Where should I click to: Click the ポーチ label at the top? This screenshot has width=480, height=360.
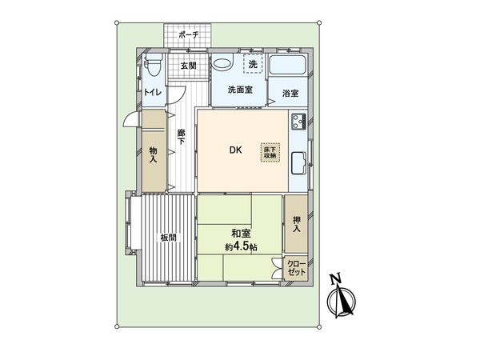[189, 35]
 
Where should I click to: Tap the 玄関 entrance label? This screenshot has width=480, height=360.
[188, 65]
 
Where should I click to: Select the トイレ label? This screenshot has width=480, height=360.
[153, 93]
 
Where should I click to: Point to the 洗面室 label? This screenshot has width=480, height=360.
[239, 90]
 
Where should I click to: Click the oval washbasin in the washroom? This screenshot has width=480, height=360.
[224, 64]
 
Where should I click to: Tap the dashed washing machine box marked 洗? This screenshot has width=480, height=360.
[252, 64]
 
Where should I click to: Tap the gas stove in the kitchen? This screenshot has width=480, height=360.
[298, 123]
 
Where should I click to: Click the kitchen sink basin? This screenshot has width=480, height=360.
[297, 163]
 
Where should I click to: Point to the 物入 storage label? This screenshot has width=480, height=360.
[153, 154]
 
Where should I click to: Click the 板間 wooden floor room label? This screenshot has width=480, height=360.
[168, 238]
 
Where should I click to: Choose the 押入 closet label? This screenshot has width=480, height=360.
[297, 225]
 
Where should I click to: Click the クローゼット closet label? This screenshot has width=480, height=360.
[297, 268]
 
